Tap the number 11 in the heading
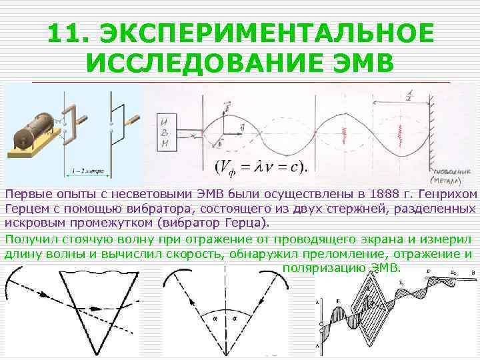point(67,33)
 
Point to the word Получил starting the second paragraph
point(27,238)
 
